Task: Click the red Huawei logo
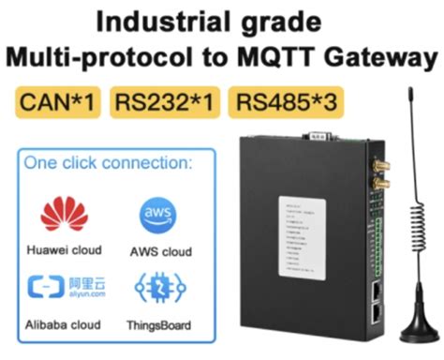[x=64, y=215]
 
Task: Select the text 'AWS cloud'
[x=160, y=251]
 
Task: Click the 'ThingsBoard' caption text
[x=160, y=324]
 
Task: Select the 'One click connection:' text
[x=108, y=162]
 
